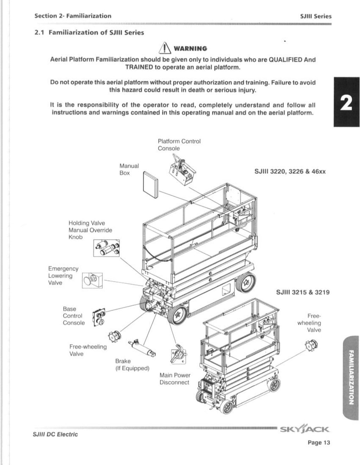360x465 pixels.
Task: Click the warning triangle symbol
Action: tap(162, 48)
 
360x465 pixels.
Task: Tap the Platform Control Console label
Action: tap(179, 145)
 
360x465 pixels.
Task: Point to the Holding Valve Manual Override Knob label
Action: tap(90, 230)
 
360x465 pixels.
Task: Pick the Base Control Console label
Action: tap(73, 316)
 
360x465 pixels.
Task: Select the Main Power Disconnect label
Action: tap(175, 379)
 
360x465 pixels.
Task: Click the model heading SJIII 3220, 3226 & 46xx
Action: tap(290, 172)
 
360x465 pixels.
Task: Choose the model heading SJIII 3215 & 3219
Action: tap(303, 292)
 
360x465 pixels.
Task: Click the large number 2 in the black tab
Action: tap(346, 102)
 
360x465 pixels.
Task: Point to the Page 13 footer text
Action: tap(319, 442)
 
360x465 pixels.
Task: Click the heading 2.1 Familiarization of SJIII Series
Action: tap(89, 33)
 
